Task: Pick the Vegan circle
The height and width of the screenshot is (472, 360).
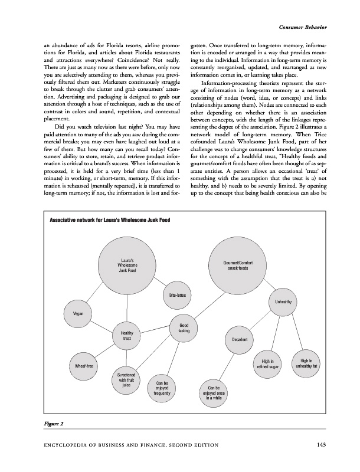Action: pos(77,313)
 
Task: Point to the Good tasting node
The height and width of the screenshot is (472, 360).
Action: pos(183,328)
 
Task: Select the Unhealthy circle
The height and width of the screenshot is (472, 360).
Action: pos(283,303)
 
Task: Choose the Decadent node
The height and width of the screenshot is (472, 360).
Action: pos(239,340)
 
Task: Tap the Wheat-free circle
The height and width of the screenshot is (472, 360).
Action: pos(83,366)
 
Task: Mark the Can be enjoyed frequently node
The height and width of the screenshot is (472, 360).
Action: pos(162,388)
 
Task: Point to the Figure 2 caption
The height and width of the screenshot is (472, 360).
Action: pos(53,424)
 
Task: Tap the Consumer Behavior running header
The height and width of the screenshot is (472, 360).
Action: pos(303,28)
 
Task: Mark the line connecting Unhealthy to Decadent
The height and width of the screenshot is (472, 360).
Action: pos(261,321)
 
